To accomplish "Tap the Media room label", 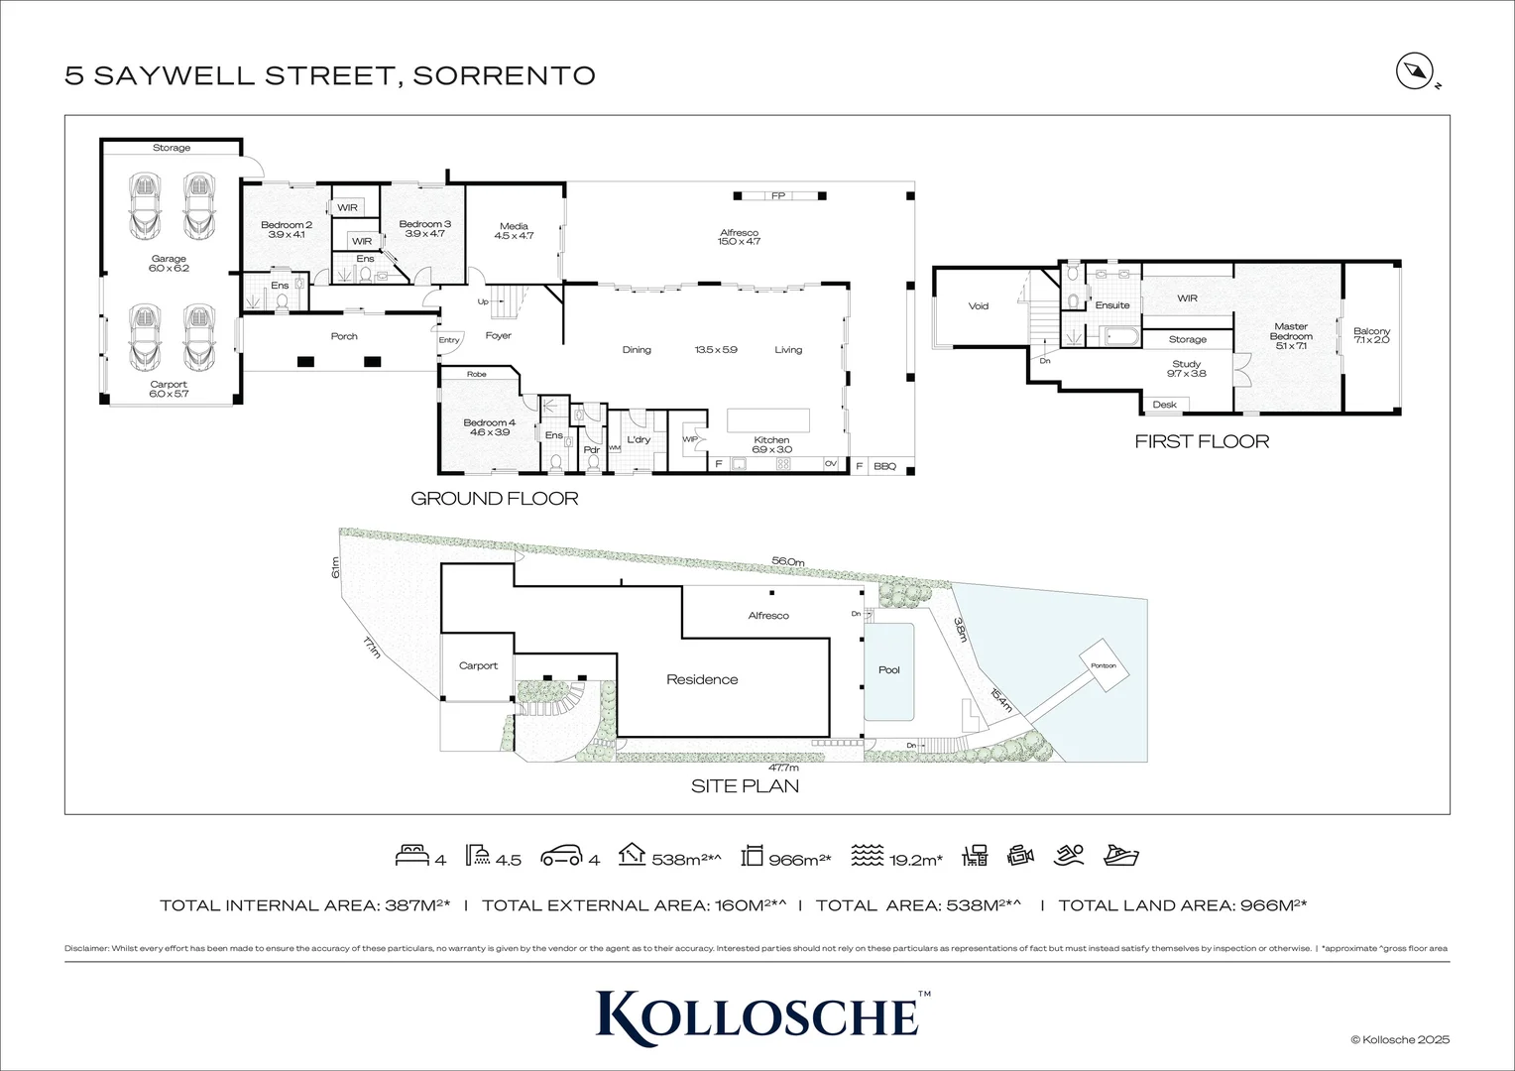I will pyautogui.click(x=514, y=226).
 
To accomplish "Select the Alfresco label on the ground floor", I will pyautogui.click(x=740, y=233).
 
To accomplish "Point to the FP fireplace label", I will pyautogui.click(x=778, y=196).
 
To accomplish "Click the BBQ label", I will pyautogui.click(x=883, y=465).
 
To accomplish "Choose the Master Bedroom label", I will pyautogui.click(x=1291, y=331).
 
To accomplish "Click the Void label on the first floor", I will pyautogui.click(x=979, y=306).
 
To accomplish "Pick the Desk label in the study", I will pyautogui.click(x=1164, y=405).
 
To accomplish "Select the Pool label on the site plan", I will pyautogui.click(x=889, y=670).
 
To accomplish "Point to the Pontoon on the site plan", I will pyautogui.click(x=1104, y=665).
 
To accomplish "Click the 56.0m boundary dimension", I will pyautogui.click(x=787, y=561).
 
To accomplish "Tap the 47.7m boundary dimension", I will pyautogui.click(x=783, y=767).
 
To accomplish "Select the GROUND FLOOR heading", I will pyautogui.click(x=494, y=499).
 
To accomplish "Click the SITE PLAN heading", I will pyautogui.click(x=745, y=786).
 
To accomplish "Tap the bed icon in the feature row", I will pyautogui.click(x=411, y=856).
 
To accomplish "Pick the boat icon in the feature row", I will pyautogui.click(x=1121, y=855).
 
